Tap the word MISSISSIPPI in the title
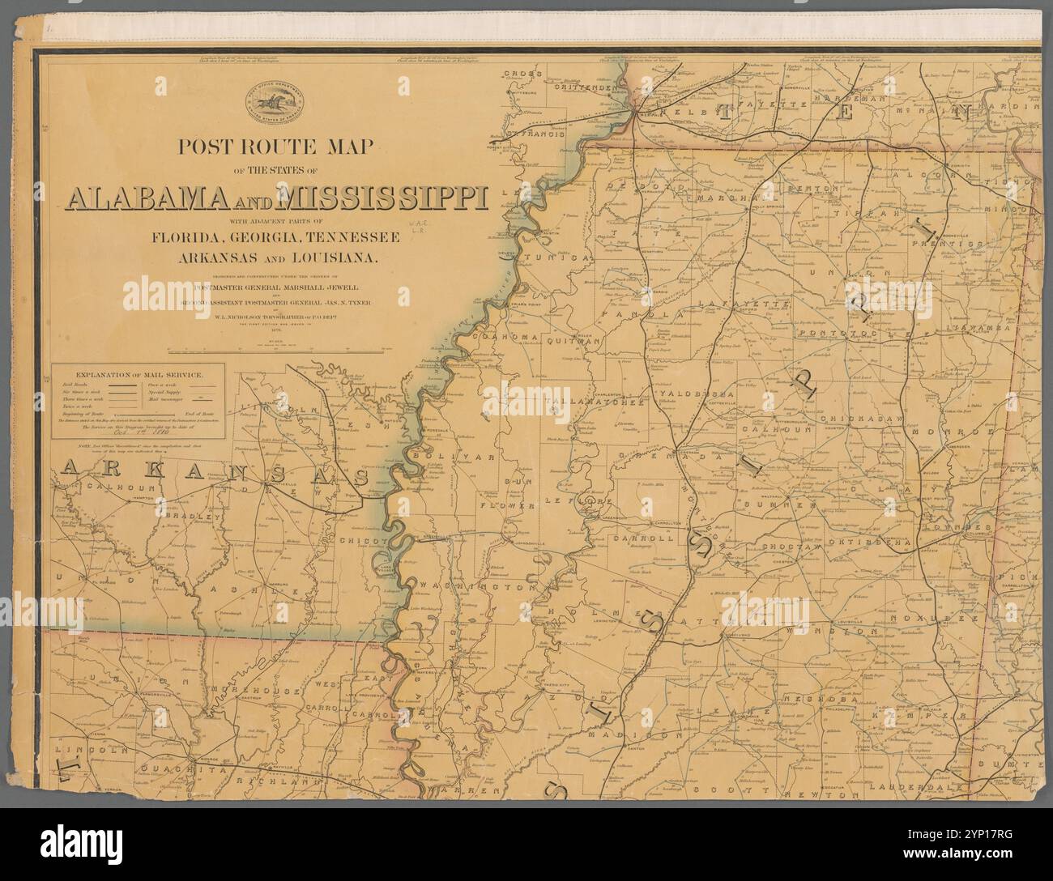tap(382, 198)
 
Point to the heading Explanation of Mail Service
tap(139, 375)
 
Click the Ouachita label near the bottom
tap(175, 769)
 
